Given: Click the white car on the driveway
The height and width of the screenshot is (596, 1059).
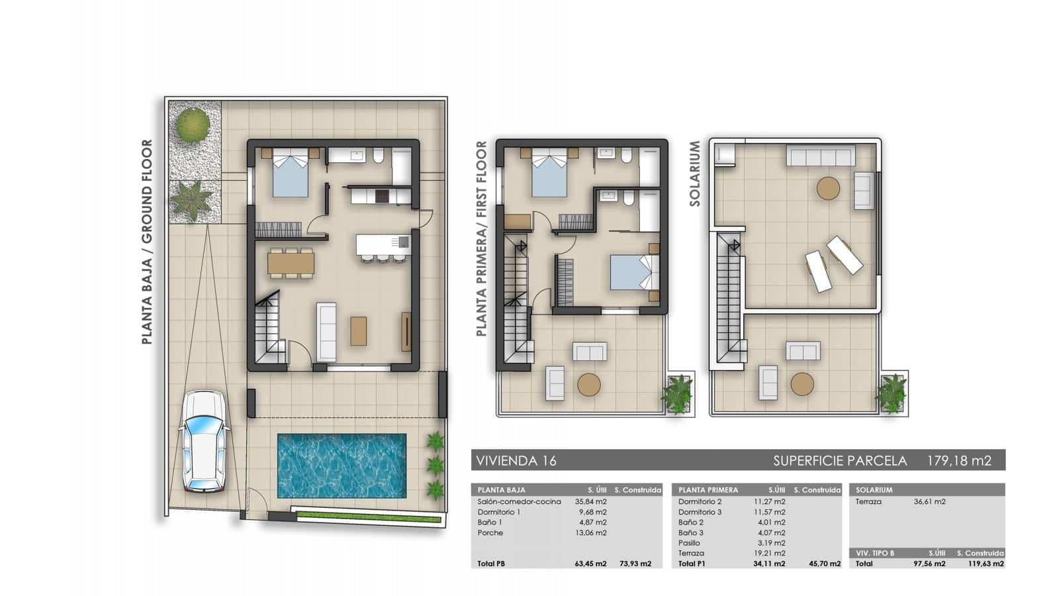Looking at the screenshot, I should point(204,442).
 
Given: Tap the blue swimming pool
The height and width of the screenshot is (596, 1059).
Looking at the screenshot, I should point(342,466).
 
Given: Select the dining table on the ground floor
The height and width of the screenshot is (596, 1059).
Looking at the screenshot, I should point(291,264).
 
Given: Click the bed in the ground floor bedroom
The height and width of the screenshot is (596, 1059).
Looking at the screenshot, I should point(291,174).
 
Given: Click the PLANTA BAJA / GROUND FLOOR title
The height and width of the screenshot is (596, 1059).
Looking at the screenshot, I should point(147,242).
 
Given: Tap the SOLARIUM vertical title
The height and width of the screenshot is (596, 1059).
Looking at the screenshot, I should point(695,174).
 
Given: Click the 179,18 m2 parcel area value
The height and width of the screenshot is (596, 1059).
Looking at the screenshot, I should point(958,461).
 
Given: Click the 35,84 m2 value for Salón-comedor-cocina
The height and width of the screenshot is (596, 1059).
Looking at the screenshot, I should point(590,501).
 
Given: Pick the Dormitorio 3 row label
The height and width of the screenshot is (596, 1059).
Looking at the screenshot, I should point(700,512).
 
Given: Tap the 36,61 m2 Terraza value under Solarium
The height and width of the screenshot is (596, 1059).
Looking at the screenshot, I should point(929,501).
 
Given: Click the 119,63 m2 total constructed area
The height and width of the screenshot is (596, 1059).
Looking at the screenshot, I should point(985,564).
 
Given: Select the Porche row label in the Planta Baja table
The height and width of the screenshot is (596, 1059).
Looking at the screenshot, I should point(490,532).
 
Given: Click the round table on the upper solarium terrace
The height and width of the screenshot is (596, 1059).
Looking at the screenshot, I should point(828,188).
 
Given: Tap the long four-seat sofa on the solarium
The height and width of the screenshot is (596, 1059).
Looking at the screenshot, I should point(820,157).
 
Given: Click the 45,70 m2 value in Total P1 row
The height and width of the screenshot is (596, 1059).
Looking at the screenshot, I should point(824,564).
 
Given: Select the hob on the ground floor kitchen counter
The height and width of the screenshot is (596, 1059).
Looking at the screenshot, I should point(383,196).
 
